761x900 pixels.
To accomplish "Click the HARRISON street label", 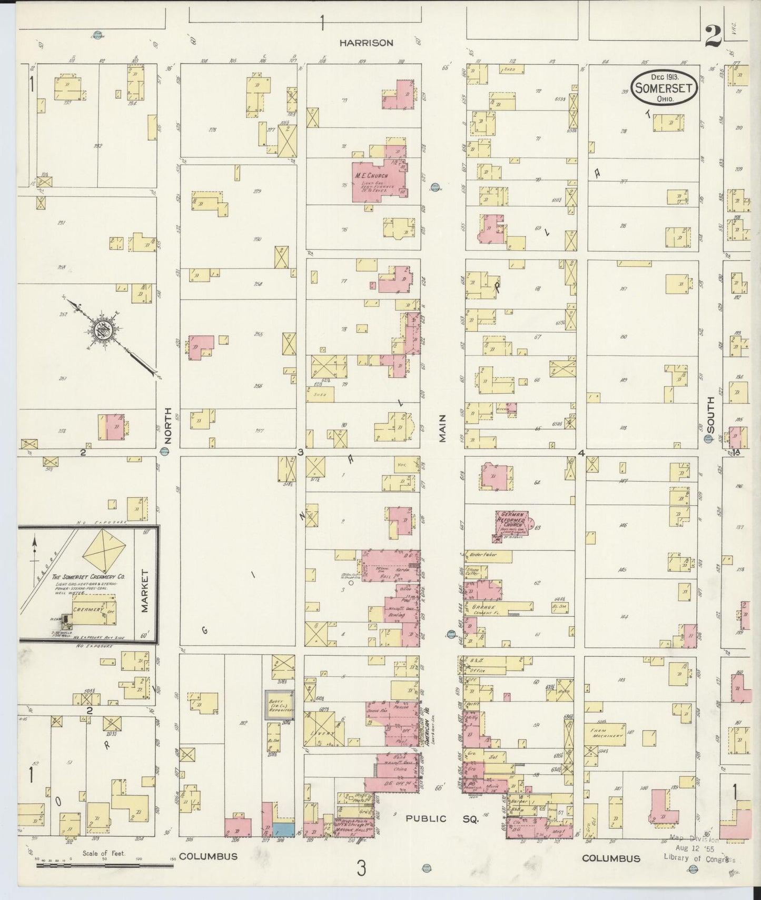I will coord(365,43).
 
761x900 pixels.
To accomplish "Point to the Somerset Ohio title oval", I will coord(665,87).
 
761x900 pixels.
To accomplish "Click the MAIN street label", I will coord(442,428).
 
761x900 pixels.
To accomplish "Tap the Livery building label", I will coord(325,733).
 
